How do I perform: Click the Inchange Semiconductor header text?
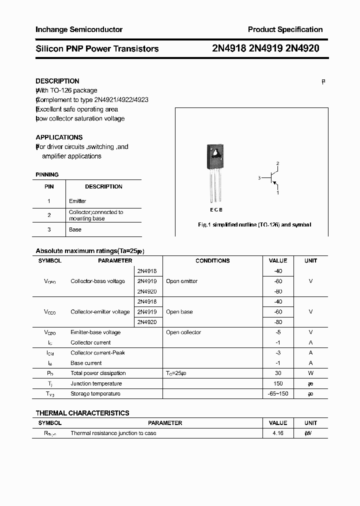[x=79, y=29]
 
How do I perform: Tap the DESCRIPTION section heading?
[x=57, y=81]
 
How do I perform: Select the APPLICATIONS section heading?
[x=59, y=137]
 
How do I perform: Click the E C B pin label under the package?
[x=216, y=210]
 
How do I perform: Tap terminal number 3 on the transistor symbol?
[x=259, y=178]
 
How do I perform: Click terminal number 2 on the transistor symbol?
[x=277, y=163]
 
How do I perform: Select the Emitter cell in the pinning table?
[x=77, y=201]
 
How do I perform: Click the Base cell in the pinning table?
[x=75, y=229]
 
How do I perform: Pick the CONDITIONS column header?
[x=212, y=260]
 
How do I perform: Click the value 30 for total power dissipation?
[x=278, y=373]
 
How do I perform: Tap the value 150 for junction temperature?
[x=278, y=383]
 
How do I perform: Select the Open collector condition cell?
[x=183, y=332]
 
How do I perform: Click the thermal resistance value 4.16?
[x=278, y=433]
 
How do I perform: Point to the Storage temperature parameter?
[x=95, y=393]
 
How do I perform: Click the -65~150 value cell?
[x=278, y=393]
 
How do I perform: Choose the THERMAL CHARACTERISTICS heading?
[x=82, y=413]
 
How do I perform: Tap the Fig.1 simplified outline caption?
[x=254, y=225]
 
